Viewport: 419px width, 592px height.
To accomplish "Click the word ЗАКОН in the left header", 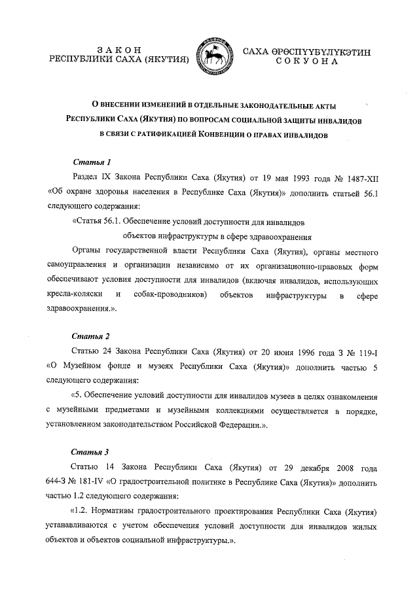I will [119, 50].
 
